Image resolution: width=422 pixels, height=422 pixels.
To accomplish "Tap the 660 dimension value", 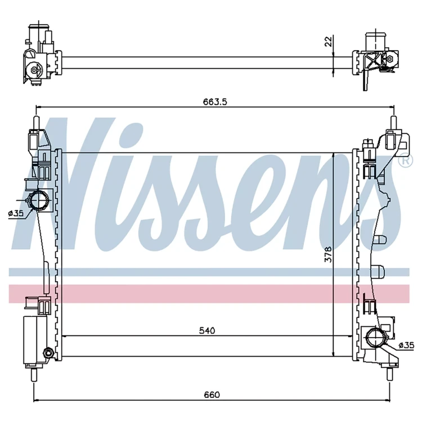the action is (x=212, y=395).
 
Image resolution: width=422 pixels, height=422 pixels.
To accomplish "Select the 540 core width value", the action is (x=207, y=330).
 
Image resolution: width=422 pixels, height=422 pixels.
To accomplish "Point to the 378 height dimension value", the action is (x=329, y=254).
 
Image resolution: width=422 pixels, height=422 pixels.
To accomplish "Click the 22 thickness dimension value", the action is (x=329, y=42).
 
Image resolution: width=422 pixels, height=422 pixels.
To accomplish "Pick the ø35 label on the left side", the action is (x=16, y=213).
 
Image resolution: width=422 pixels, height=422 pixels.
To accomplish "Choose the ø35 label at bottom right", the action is (x=406, y=345).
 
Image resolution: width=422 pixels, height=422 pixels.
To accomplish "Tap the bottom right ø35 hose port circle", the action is (x=376, y=336).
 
